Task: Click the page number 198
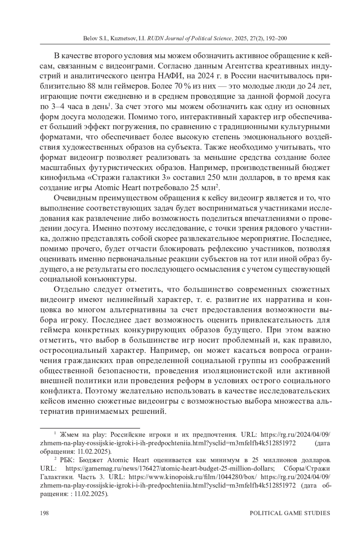click(x=44, y=513)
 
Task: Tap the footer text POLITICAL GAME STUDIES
click(x=290, y=513)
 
